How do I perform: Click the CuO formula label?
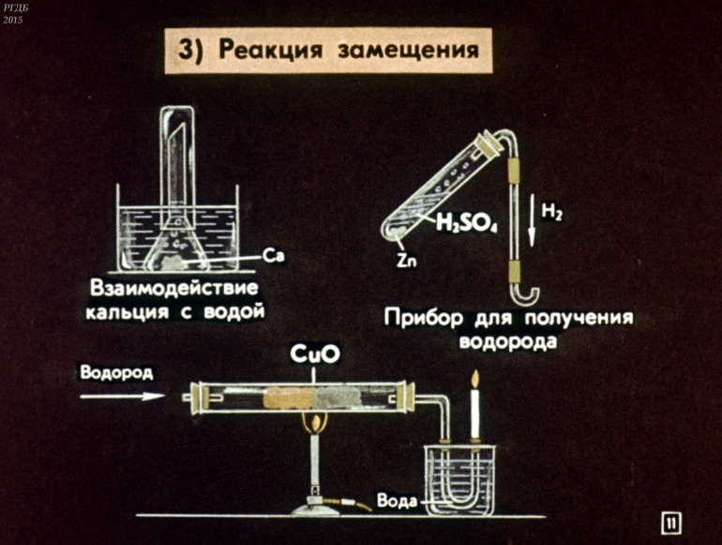pyautogui.click(x=315, y=355)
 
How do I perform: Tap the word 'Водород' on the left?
pyautogui.click(x=116, y=371)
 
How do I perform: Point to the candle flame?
pyautogui.click(x=474, y=380)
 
